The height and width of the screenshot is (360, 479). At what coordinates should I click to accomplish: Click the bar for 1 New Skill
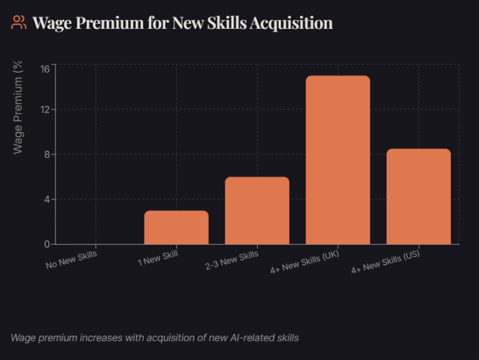pyautogui.click(x=176, y=227)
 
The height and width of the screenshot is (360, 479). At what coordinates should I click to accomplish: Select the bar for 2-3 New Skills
pyautogui.click(x=257, y=211)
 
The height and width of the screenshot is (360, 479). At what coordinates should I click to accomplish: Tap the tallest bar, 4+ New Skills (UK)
pyautogui.click(x=338, y=160)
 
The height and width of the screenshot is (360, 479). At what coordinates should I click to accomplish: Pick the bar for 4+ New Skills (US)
pyautogui.click(x=418, y=196)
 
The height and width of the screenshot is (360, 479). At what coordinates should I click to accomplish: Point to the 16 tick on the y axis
pyautogui.click(x=44, y=68)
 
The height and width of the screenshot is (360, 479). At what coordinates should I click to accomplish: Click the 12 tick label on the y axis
pyautogui.click(x=44, y=109)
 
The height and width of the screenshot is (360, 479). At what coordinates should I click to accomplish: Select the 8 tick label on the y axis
pyautogui.click(x=46, y=154)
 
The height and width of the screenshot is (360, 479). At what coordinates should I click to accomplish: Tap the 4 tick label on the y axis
pyautogui.click(x=46, y=199)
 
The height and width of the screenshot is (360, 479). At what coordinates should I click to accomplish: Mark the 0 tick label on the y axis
pyautogui.click(x=46, y=244)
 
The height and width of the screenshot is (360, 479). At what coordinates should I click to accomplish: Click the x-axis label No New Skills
pyautogui.click(x=71, y=259)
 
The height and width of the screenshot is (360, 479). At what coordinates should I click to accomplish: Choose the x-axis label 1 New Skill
pyautogui.click(x=158, y=259)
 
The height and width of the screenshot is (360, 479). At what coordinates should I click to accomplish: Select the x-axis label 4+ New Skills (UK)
pyautogui.click(x=305, y=262)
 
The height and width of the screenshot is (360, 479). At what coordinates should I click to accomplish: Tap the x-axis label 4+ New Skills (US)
pyautogui.click(x=385, y=262)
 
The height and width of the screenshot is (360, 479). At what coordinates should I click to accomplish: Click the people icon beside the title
pyautogui.click(x=19, y=23)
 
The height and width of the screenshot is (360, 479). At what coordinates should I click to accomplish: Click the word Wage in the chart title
pyautogui.click(x=52, y=23)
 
